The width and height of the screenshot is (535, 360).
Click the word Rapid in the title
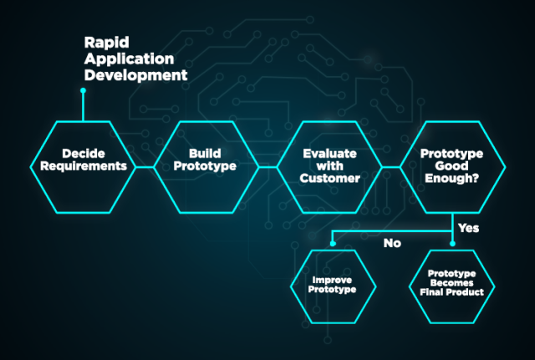point(106,43)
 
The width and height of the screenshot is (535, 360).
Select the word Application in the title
point(129,59)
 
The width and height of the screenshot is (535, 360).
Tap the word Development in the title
point(135,75)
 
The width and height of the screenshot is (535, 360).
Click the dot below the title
point(83,90)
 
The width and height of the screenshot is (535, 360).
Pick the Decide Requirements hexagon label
point(84,160)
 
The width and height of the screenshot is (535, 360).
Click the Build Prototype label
point(205,160)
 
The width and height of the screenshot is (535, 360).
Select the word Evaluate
point(329,154)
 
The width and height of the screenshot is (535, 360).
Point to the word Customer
point(329,178)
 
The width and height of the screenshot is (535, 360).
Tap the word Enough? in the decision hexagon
point(451,178)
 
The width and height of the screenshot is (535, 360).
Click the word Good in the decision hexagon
point(451,166)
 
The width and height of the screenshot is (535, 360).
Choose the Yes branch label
point(468,228)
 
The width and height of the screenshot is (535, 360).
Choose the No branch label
point(392,243)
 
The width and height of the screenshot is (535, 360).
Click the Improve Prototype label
point(332,285)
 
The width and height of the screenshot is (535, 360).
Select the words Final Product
point(451,292)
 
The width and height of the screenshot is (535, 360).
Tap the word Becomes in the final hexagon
point(451,283)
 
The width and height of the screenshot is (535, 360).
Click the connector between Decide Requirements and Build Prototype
point(145,167)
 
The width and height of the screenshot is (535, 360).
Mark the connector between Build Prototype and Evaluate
point(267,167)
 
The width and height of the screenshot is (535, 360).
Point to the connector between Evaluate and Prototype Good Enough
point(391,167)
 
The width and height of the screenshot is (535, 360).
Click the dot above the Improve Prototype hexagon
point(333,243)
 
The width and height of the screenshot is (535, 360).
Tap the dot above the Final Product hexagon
point(452,243)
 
